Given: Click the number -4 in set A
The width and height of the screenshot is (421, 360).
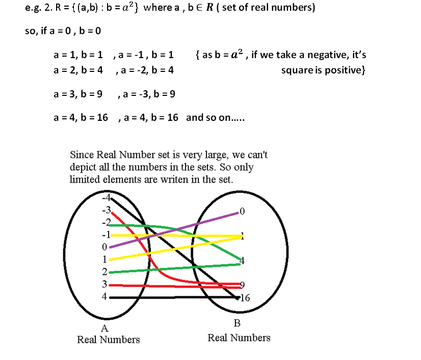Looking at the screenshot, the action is [106, 198].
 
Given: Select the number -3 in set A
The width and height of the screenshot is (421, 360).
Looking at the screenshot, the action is [106, 210].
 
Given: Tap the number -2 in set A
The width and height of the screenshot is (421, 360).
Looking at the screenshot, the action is [106, 222].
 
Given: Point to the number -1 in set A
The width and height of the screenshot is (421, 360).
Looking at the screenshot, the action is [106, 235].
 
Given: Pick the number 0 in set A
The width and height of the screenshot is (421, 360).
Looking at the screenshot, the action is [104, 247].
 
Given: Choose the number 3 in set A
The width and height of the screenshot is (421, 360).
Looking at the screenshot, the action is [104, 284].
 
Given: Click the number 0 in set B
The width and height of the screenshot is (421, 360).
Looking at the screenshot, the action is [242, 211].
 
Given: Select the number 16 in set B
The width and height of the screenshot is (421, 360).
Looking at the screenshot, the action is [245, 298].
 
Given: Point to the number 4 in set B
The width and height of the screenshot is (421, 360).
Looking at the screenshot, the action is [242, 261].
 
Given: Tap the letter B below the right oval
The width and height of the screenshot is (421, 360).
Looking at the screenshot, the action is [236, 323].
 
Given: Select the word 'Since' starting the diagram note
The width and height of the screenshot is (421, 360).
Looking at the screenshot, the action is [81, 155].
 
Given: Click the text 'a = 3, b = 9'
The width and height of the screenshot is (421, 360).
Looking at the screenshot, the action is [78, 94].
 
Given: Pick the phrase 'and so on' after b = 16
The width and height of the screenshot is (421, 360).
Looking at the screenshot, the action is [209, 117].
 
